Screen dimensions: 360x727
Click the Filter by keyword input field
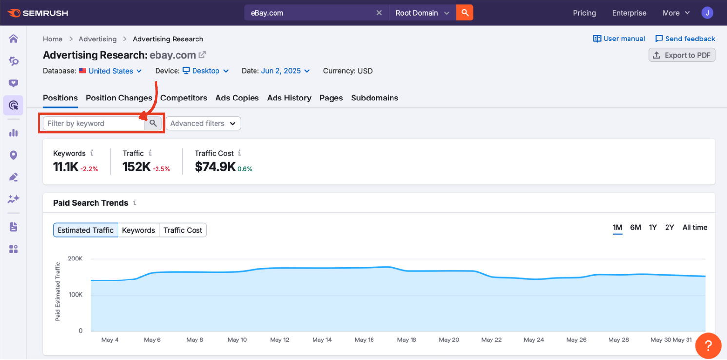tap(94, 123)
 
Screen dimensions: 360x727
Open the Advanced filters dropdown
tap(203, 123)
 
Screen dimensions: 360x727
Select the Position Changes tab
tap(119, 98)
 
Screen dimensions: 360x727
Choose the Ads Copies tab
tap(237, 98)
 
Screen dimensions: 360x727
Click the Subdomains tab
tap(374, 98)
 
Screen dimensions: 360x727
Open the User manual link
tap(619, 39)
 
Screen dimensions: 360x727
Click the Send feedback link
tap(685, 39)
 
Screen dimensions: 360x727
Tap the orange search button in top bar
tap(465, 13)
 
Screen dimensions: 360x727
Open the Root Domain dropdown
tap(422, 13)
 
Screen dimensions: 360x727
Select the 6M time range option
tap(635, 227)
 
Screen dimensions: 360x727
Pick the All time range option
tap(694, 227)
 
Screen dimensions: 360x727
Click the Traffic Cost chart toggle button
tap(183, 230)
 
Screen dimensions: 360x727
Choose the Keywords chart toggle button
tap(138, 230)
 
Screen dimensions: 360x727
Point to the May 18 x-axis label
tap(407, 340)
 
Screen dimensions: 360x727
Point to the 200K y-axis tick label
tap(75, 259)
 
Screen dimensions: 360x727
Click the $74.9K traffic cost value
tap(215, 167)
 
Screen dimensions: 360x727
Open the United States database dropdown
tap(111, 71)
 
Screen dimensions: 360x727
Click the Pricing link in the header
tap(584, 13)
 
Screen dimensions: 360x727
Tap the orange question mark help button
tap(707, 346)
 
